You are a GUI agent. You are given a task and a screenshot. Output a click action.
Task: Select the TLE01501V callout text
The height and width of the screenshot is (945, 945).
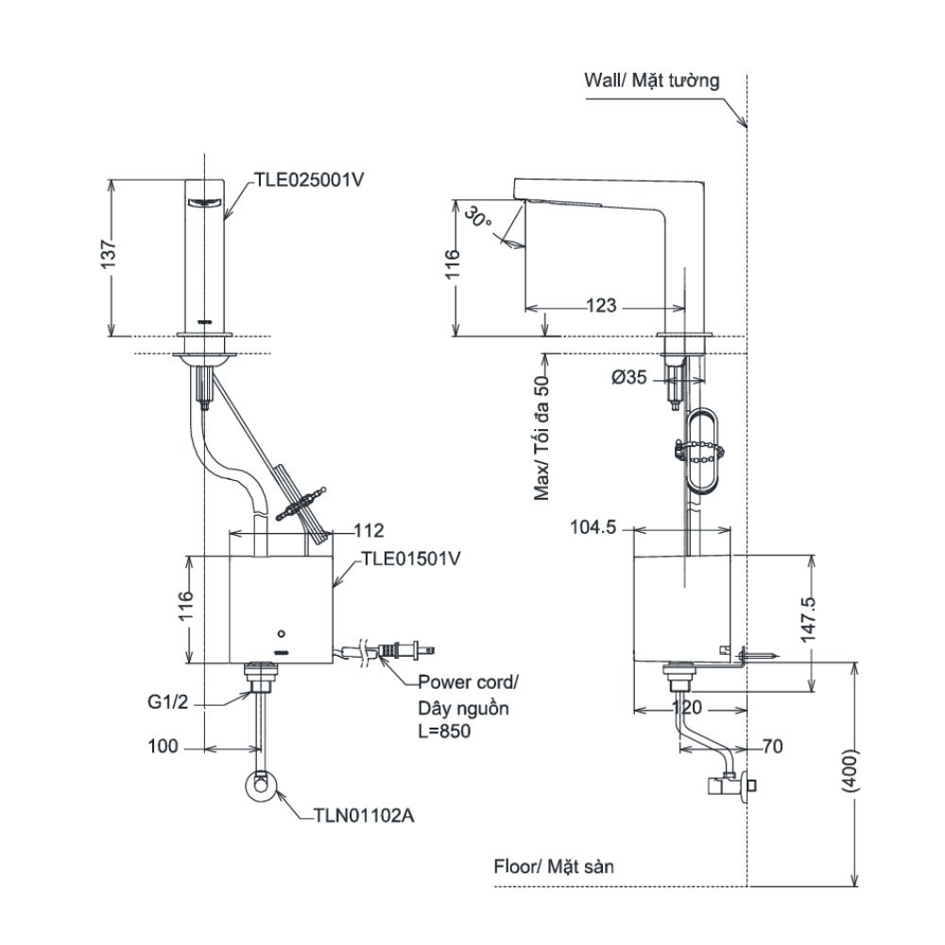click(x=410, y=558)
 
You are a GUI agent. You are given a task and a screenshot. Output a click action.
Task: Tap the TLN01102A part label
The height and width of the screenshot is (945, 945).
click(x=364, y=816)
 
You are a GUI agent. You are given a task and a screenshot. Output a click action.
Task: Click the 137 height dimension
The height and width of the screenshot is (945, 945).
click(x=108, y=254)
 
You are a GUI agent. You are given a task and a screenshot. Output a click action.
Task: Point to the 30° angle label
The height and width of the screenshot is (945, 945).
click(x=479, y=216)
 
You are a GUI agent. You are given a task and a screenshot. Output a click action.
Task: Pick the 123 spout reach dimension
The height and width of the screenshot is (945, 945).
click(x=601, y=306)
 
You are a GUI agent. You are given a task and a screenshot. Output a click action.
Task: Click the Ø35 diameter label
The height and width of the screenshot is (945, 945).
click(x=628, y=377)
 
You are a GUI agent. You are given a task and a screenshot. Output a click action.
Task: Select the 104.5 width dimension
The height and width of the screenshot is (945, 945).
click(x=593, y=527)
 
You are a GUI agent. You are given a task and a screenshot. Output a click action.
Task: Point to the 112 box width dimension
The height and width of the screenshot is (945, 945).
click(x=369, y=530)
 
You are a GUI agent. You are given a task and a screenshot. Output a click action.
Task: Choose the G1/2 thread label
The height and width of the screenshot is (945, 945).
click(x=168, y=701)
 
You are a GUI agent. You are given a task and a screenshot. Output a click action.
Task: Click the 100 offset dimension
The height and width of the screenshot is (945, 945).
click(x=163, y=747)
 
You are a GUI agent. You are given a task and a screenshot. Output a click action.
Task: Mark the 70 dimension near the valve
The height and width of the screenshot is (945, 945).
click(x=773, y=747)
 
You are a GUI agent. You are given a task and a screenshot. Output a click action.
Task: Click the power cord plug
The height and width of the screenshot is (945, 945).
click(x=405, y=650)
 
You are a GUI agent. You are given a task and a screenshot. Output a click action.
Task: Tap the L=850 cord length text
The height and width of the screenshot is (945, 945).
click(x=445, y=731)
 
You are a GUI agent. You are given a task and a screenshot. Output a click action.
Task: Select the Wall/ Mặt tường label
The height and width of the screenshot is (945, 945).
click(x=651, y=80)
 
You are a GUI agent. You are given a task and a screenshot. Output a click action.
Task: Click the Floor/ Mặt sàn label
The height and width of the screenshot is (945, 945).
click(x=554, y=867)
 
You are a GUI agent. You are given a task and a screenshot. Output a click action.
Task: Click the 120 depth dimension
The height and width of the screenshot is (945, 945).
click(x=687, y=707)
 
